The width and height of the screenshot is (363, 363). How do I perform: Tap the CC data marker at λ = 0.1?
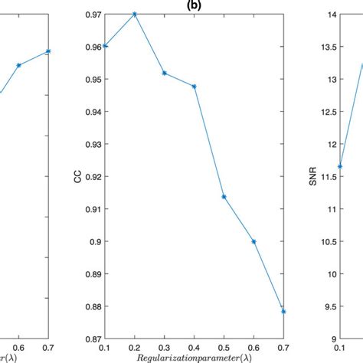tap(106, 46)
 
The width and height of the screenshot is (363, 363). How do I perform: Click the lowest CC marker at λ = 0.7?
tap(283, 312)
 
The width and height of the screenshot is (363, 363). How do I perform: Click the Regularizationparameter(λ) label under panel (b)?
tap(195, 358)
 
